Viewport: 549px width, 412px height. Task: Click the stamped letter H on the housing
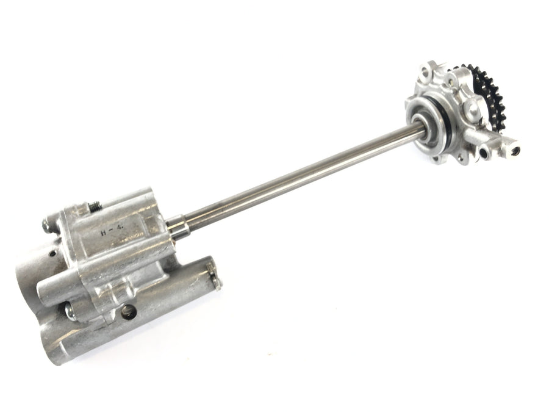[103, 233]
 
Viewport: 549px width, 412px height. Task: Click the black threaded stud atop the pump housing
[95, 207]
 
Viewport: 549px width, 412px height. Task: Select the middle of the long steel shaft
[298, 176]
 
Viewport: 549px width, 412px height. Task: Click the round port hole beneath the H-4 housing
[128, 311]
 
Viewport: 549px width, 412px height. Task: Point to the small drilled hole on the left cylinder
[52, 253]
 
